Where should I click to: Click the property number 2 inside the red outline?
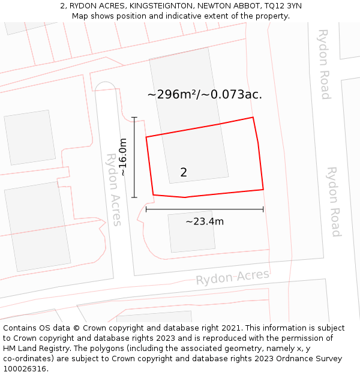coord(184,173)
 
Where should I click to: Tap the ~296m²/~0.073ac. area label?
coord(205,94)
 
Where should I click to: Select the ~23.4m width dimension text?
coord(204,221)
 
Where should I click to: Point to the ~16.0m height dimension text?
coord(123,157)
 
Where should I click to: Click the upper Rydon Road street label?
coord(324,64)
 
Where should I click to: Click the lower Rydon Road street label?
coord(333,202)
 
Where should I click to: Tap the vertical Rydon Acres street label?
coord(113,189)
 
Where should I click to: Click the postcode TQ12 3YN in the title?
coord(282,6)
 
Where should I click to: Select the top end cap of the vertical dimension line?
coord(134,118)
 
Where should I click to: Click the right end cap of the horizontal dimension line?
coord(263,209)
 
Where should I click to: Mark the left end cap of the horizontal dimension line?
coord(146,209)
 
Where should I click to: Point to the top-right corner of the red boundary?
coord(253,118)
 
